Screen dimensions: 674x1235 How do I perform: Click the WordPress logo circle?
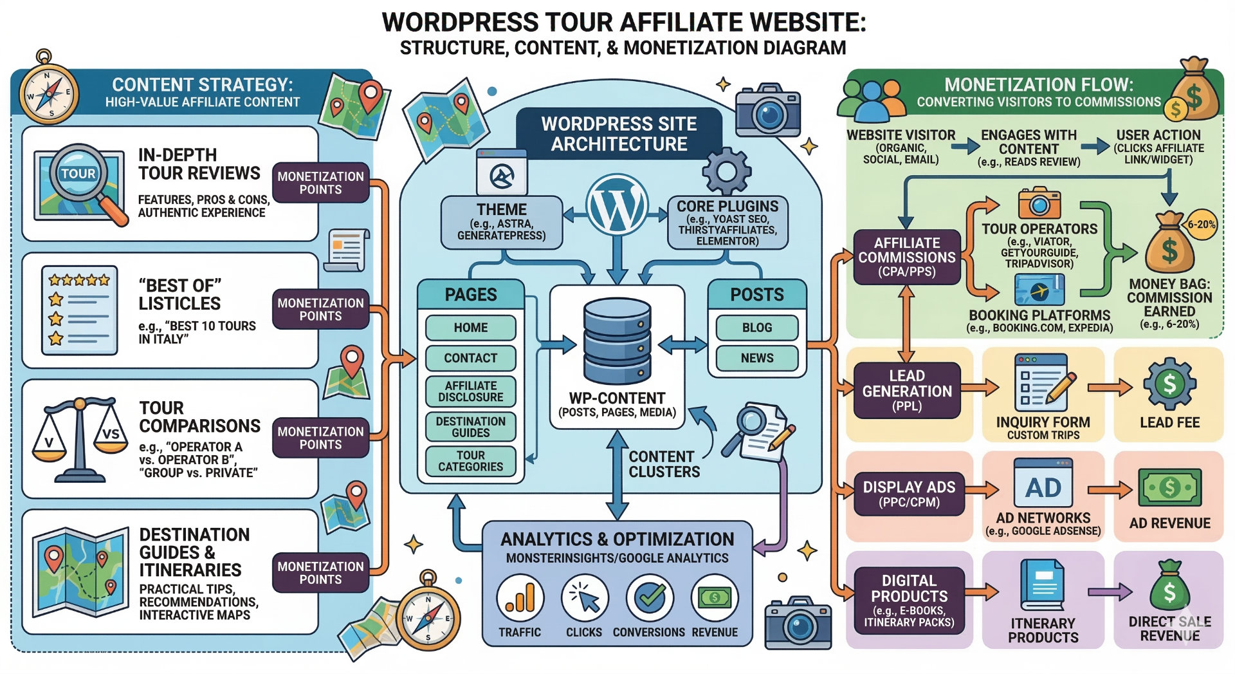[617, 204]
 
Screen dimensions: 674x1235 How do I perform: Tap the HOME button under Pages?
[470, 328]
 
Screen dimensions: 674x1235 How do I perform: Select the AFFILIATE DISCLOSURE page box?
[470, 391]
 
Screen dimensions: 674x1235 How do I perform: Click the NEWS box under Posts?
[756, 358]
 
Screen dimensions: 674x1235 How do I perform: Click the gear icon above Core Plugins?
[726, 171]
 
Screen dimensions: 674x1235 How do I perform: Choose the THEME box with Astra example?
[501, 223]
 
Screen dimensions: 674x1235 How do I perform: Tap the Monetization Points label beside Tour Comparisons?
[320, 438]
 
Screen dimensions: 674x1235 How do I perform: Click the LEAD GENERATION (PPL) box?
[906, 391]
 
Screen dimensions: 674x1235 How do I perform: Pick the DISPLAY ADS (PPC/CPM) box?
[909, 494]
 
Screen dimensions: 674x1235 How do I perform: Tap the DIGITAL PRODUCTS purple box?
[909, 600]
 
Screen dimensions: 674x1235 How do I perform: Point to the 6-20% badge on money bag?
[1200, 225]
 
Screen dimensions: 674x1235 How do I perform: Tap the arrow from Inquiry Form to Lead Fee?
[1109, 388]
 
